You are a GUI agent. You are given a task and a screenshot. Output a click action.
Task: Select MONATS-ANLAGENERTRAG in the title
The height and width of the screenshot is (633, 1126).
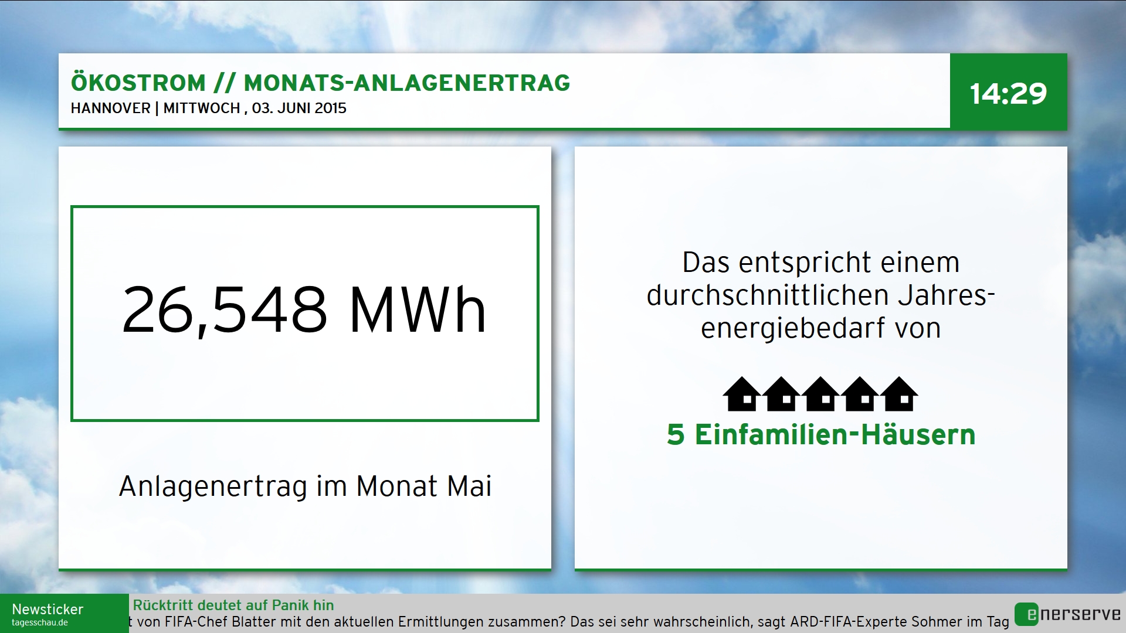click(407, 83)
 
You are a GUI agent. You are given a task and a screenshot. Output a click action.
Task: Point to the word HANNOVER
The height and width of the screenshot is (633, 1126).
click(111, 108)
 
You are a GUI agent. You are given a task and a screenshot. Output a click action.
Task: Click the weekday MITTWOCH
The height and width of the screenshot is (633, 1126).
click(202, 108)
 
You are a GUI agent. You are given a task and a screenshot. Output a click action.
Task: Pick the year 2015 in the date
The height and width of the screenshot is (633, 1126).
click(330, 108)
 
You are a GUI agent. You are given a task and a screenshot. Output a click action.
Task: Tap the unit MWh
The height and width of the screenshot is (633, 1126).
click(418, 310)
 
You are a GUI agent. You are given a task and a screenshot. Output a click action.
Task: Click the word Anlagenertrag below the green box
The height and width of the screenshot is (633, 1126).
click(213, 487)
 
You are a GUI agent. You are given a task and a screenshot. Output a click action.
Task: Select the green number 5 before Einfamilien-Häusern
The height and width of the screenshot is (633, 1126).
click(676, 435)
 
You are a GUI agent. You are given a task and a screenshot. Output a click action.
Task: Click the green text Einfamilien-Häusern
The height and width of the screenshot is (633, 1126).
click(835, 434)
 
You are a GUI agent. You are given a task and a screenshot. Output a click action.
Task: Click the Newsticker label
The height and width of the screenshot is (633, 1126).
click(48, 610)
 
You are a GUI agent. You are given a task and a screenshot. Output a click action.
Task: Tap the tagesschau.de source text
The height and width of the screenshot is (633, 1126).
click(40, 623)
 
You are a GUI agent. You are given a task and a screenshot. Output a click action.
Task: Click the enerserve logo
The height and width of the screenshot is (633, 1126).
click(1068, 614)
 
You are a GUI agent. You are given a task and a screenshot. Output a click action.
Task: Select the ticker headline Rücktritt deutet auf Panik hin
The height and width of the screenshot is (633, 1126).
click(233, 605)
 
